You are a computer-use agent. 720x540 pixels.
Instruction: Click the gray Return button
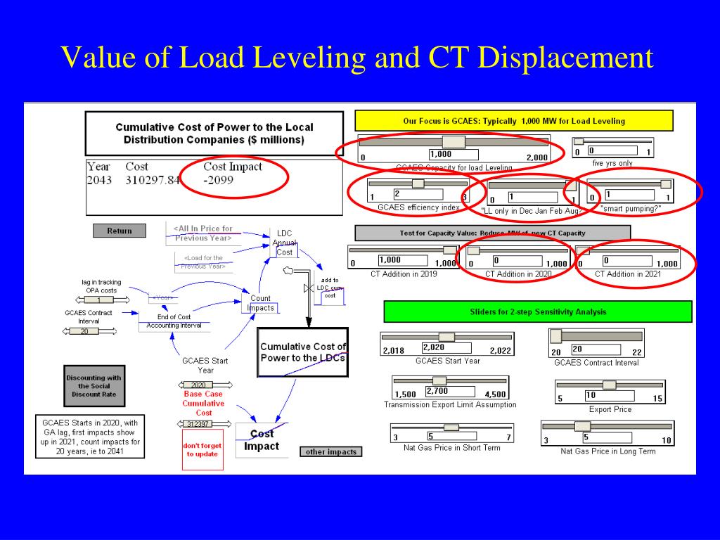[x=120, y=231]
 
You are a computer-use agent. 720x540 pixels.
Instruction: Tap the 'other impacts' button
[x=331, y=451]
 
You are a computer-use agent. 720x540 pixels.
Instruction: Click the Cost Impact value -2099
[x=219, y=180]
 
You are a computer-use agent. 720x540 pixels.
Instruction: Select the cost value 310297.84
[x=153, y=180]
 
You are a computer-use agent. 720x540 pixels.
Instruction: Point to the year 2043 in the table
[x=99, y=180]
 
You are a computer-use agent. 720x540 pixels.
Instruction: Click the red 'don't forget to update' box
[x=202, y=449]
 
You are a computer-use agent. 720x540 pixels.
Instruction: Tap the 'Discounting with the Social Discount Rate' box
[x=94, y=386]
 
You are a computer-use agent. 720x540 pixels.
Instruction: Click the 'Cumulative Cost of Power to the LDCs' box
[x=303, y=352]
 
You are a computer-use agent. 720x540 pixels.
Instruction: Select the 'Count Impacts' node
[x=261, y=303]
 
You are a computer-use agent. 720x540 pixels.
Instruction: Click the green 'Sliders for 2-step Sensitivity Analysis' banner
[x=538, y=311]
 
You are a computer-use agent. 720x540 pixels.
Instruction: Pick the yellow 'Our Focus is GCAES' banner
[x=514, y=121]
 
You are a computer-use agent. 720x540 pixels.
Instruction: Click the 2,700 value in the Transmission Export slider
[x=437, y=391]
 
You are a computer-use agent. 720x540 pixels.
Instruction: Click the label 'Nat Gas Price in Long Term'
[x=607, y=451]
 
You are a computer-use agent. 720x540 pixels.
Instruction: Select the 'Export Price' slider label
[x=610, y=409]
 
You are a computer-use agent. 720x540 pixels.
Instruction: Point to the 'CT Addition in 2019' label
[x=404, y=274]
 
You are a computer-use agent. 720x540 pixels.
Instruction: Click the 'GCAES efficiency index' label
[x=418, y=207]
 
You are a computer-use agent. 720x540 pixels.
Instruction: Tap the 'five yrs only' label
[x=612, y=163]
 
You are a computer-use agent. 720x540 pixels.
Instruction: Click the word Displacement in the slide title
[x=565, y=58]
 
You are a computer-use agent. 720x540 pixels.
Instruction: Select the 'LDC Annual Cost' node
[x=285, y=243]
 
